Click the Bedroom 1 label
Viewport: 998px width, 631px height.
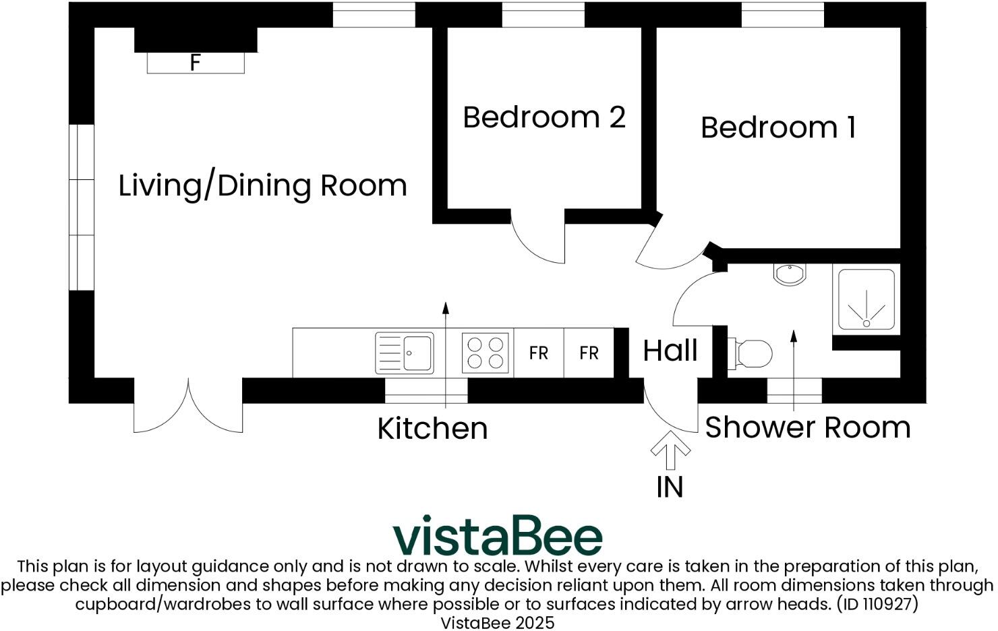(778, 127)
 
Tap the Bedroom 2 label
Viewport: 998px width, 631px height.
(544, 117)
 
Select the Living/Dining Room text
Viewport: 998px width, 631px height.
(262, 185)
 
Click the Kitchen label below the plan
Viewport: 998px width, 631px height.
(432, 428)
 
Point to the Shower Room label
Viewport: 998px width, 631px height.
(807, 427)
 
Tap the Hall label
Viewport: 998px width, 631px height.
(670, 351)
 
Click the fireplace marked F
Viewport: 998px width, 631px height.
(196, 63)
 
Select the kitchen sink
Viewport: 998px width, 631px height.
(405, 353)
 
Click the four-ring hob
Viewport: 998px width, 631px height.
(486, 353)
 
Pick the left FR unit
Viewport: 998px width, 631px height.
(538, 353)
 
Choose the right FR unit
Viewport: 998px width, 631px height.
(589, 353)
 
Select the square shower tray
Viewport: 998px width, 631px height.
(867, 300)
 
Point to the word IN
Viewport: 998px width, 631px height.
(670, 487)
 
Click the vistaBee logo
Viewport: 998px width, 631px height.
(498, 536)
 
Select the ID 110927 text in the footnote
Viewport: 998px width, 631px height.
(877, 603)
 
